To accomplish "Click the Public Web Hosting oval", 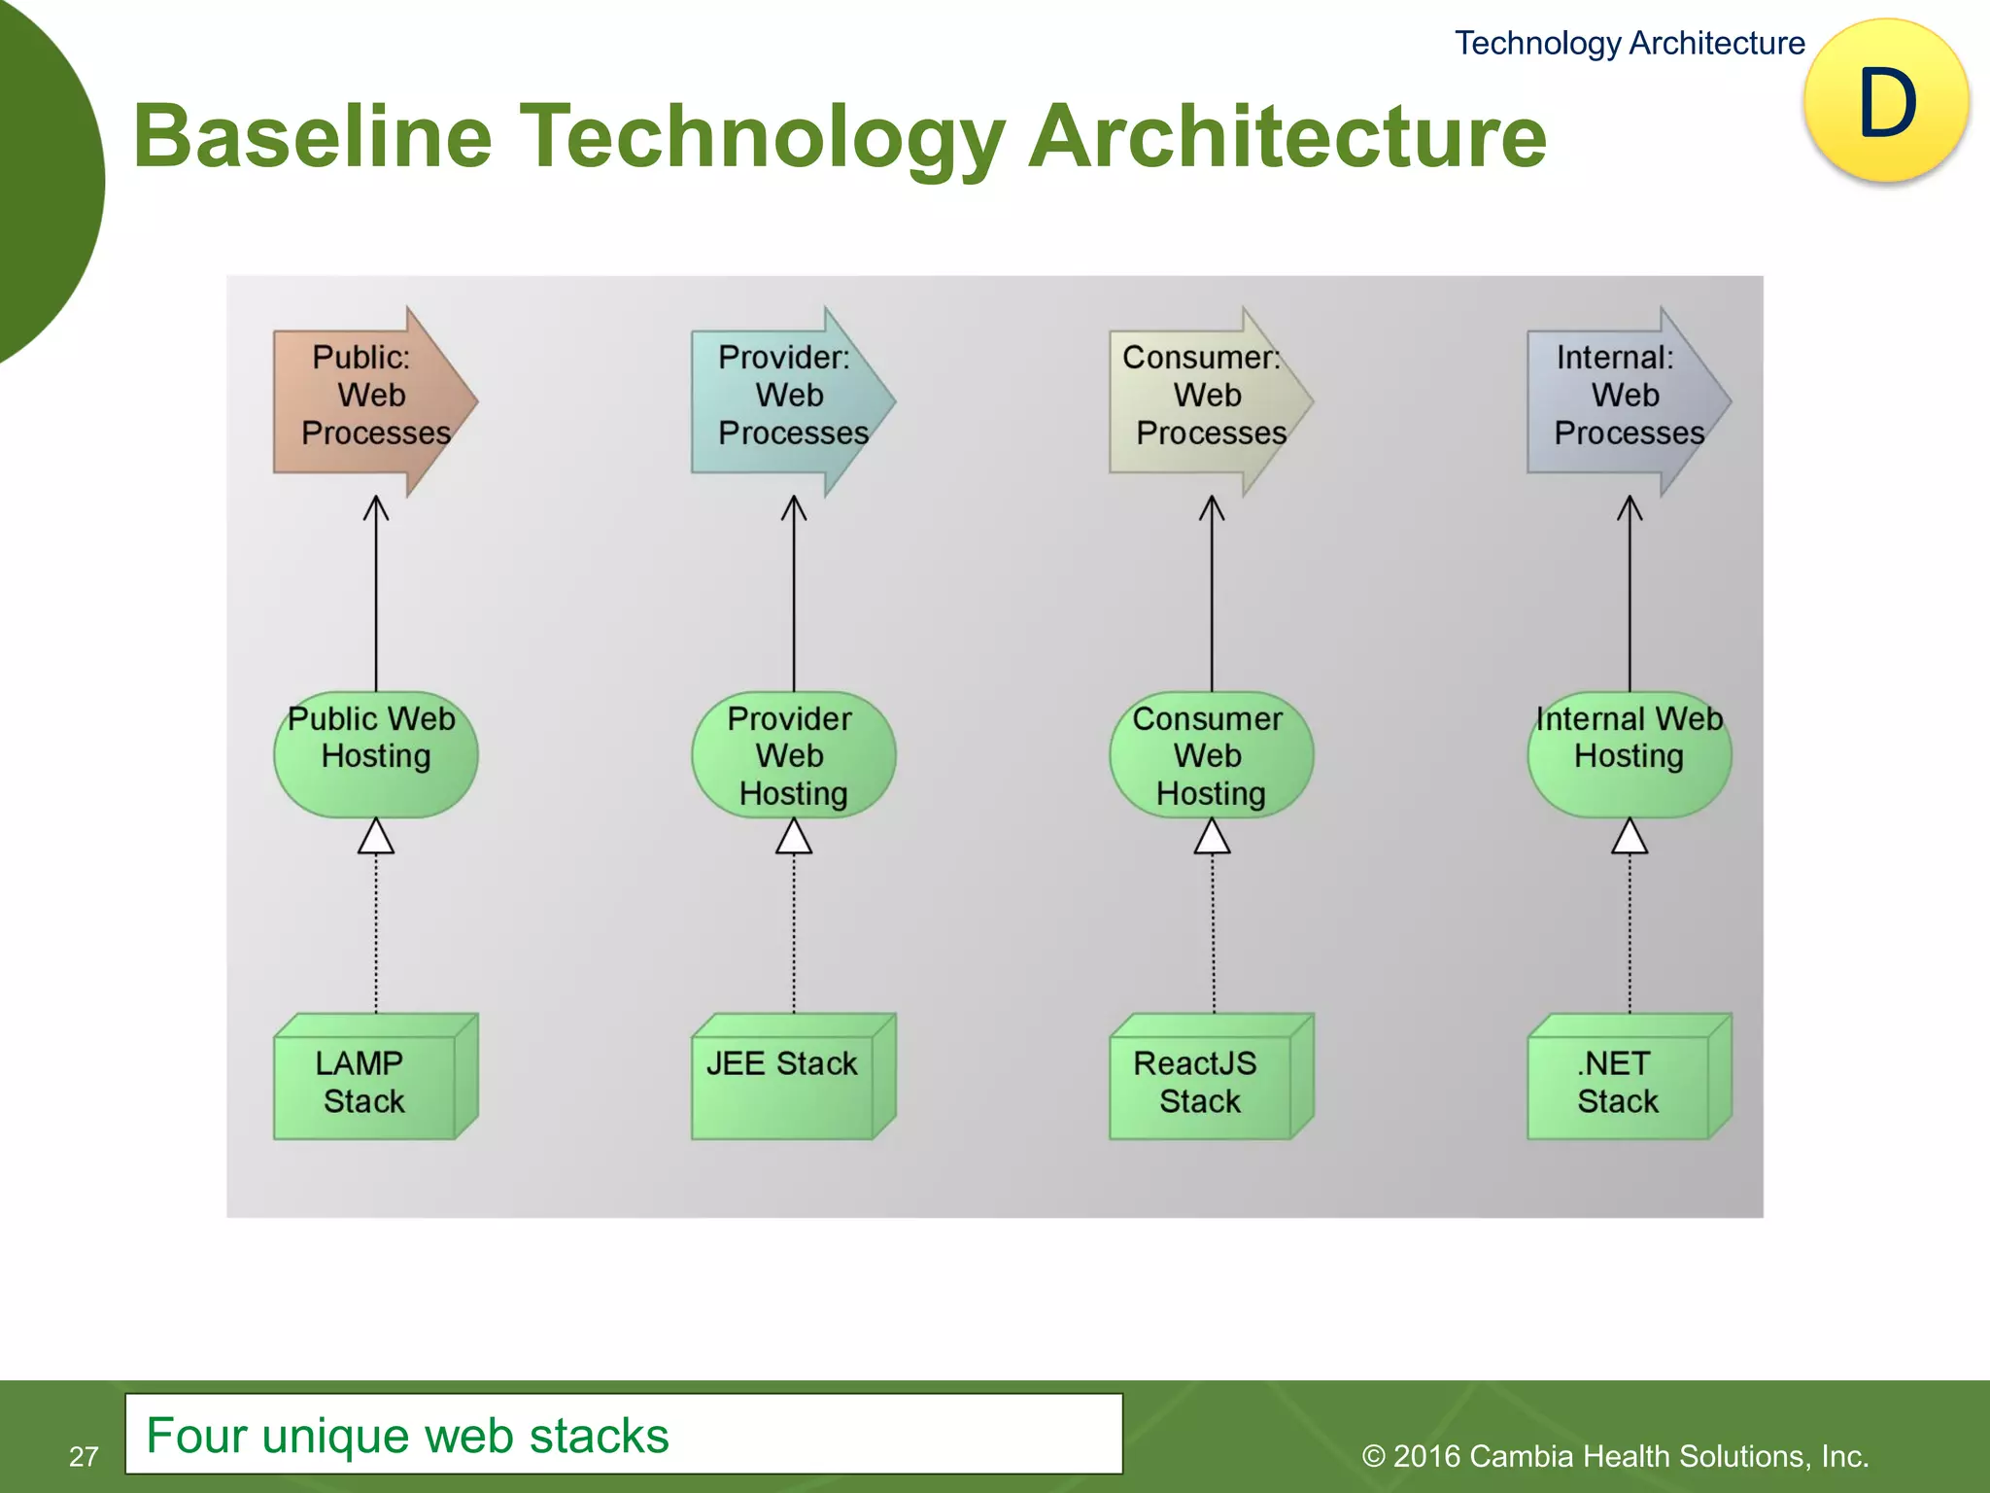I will [375, 754].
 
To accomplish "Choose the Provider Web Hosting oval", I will [793, 754].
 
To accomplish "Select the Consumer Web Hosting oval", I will [1211, 754].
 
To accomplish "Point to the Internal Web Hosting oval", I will [1629, 754].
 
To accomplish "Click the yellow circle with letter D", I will [1886, 102].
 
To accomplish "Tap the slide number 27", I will [84, 1455].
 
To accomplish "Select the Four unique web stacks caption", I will [408, 1435].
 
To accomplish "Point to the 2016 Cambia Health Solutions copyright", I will [1615, 1455].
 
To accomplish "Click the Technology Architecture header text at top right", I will [1629, 43].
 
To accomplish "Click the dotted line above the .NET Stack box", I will [1630, 933].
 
